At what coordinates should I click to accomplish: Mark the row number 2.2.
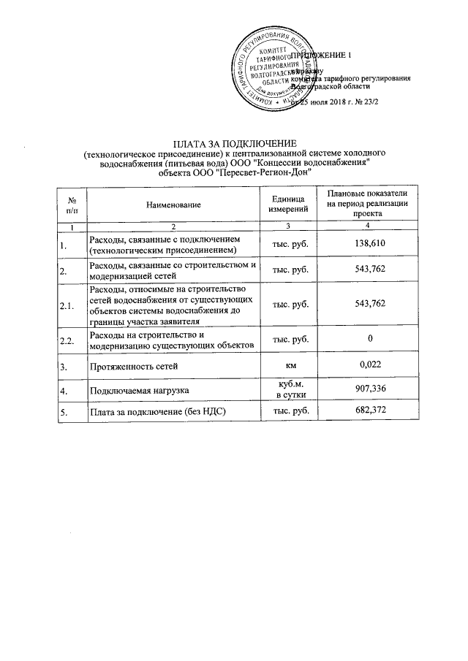(67, 340)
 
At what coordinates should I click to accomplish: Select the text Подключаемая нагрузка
(136, 390)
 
